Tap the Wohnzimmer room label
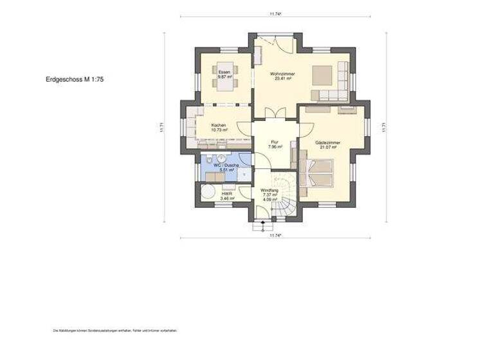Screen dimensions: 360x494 tap(284, 75)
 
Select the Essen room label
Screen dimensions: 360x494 tap(224, 71)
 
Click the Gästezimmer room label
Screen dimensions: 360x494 tap(328, 142)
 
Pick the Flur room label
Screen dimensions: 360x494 tap(274, 141)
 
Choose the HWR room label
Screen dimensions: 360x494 tap(226, 194)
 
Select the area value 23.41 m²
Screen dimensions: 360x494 tap(284, 80)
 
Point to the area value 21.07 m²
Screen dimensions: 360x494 tap(328, 147)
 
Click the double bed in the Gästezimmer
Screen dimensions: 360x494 tap(319, 174)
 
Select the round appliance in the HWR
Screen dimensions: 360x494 tap(208, 192)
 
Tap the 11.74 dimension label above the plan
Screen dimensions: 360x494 tap(276, 13)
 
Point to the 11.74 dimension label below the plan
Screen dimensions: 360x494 tap(276, 235)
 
